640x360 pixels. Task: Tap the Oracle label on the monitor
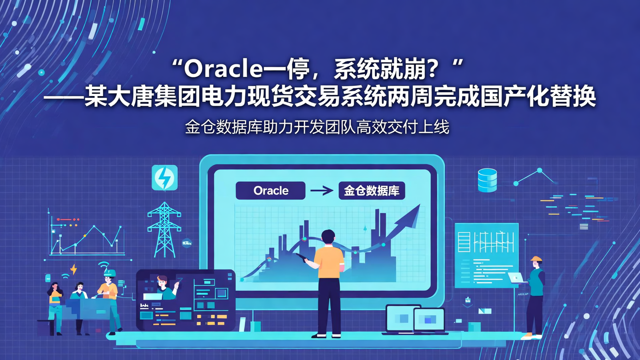pos(271,191)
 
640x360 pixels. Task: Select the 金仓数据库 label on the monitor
pos(372,191)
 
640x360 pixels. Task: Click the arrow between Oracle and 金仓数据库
pos(322,191)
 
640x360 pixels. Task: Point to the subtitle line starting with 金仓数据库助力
pos(317,128)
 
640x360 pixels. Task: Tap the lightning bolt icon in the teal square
pos(164,178)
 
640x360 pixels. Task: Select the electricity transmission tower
pos(164,229)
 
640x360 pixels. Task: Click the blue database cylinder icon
pos(487,180)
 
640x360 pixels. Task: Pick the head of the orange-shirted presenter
pos(328,236)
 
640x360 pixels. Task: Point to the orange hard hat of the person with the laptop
pos(536,259)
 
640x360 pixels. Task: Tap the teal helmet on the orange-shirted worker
pos(109,272)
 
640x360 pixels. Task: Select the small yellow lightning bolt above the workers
pos(73,269)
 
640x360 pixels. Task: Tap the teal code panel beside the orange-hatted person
pos(486,255)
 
